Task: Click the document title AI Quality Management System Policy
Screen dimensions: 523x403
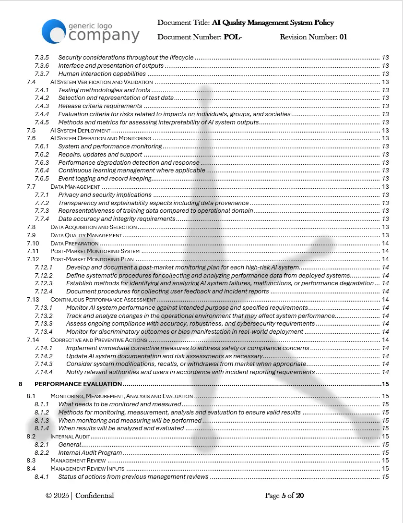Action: click(x=272, y=23)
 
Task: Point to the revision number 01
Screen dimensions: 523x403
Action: click(x=343, y=37)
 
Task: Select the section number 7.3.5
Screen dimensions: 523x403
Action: click(x=42, y=58)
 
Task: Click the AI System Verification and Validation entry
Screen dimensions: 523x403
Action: click(x=101, y=82)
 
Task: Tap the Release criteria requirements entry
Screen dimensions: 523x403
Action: click(x=100, y=106)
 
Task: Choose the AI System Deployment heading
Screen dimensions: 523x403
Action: click(x=80, y=131)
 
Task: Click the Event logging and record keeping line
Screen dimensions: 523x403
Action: click(x=105, y=179)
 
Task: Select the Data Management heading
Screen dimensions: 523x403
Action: click(x=75, y=187)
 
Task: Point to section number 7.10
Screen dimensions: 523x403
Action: click(x=32, y=243)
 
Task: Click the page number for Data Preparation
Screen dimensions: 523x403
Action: click(x=385, y=243)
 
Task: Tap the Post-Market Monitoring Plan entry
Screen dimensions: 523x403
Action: click(x=92, y=259)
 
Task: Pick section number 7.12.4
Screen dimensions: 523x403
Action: click(x=44, y=292)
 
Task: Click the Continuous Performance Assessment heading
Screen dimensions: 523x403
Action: click(x=103, y=300)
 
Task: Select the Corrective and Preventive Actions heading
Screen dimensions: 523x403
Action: click(x=98, y=340)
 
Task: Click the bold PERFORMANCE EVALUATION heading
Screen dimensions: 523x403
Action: click(x=78, y=384)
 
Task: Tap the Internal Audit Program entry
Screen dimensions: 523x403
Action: click(x=90, y=452)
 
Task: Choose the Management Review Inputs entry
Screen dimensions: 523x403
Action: click(x=87, y=469)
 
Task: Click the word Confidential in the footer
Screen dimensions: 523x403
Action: click(x=95, y=496)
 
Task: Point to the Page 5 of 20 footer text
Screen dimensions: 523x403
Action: click(x=284, y=496)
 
